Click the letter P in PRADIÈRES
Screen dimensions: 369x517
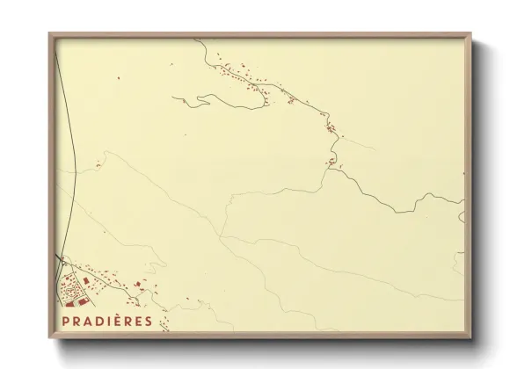coord(66,322)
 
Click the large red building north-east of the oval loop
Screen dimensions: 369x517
coord(86,280)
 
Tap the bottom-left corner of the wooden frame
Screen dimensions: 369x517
coord(50,337)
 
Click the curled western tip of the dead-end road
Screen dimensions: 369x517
coord(174,98)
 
